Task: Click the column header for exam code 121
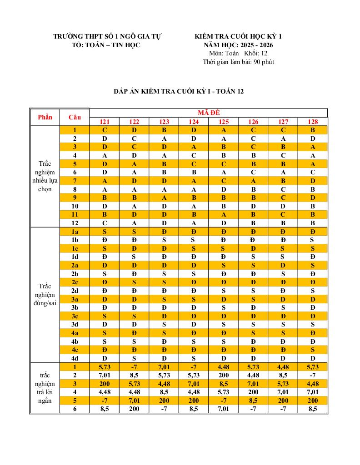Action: tap(105, 122)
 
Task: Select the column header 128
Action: tap(313, 122)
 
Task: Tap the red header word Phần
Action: tap(45, 117)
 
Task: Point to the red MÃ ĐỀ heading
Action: tap(208, 113)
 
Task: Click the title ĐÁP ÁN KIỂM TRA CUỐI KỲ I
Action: tap(179, 91)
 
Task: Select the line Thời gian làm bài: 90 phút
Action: tap(238, 62)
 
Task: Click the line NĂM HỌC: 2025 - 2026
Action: tap(238, 45)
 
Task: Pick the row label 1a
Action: tap(75, 232)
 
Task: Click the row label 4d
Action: tap(75, 358)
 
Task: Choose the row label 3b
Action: tap(75, 308)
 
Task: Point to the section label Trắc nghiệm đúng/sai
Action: tap(45, 295)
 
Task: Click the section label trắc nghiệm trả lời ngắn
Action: tap(45, 388)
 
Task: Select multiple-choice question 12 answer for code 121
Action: tap(105, 223)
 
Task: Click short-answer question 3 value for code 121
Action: tap(105, 384)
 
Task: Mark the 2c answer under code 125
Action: tap(223, 282)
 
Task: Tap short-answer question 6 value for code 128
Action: tap(313, 409)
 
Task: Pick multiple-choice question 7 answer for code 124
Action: tap(194, 181)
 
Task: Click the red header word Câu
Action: tap(75, 117)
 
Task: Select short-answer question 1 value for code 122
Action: tap(134, 367)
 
